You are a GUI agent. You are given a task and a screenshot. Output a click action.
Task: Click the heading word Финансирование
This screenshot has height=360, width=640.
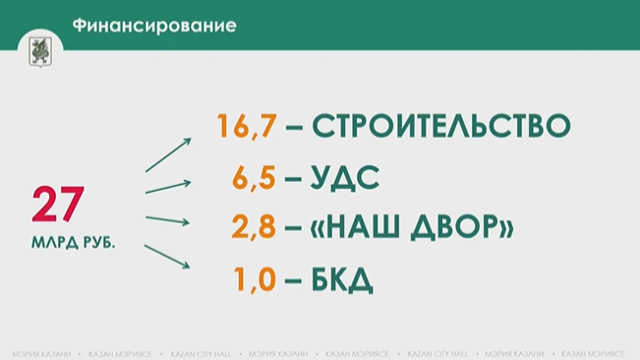(x=155, y=26)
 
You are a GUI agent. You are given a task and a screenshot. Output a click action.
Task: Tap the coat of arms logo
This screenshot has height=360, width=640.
(x=40, y=50)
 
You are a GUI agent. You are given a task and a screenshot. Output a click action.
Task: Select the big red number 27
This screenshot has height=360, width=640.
(x=59, y=207)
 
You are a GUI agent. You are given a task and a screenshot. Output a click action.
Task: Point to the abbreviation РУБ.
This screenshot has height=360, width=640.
(x=97, y=239)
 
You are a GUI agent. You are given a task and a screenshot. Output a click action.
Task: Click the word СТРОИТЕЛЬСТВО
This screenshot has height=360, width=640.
(x=440, y=127)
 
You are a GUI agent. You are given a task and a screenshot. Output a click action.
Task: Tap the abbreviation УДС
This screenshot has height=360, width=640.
(x=344, y=179)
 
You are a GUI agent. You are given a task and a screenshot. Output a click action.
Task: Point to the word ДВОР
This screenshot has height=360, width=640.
(x=459, y=229)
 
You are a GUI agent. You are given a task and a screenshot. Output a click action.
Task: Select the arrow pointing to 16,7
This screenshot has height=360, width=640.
(x=168, y=154)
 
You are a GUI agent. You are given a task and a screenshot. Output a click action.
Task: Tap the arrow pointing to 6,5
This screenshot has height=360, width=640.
(x=168, y=186)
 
